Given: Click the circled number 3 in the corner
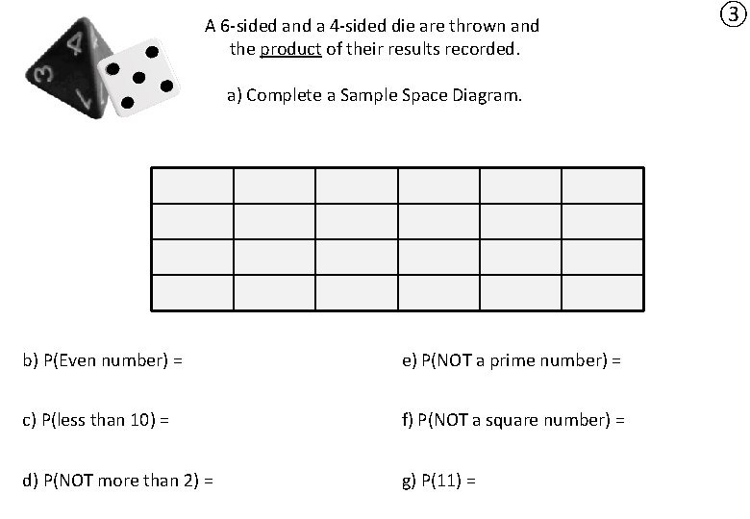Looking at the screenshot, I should click(x=733, y=14).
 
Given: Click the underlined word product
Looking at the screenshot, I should click(x=289, y=48).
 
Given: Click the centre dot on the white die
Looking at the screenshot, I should click(x=138, y=77).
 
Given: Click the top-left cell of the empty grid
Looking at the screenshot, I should click(x=192, y=185).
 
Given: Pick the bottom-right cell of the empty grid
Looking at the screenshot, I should click(x=603, y=292).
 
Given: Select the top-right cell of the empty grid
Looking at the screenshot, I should click(x=603, y=185).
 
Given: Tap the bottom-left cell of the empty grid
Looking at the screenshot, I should click(x=192, y=292).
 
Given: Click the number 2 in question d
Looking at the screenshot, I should click(x=192, y=480).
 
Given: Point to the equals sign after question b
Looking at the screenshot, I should click(x=179, y=360).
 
